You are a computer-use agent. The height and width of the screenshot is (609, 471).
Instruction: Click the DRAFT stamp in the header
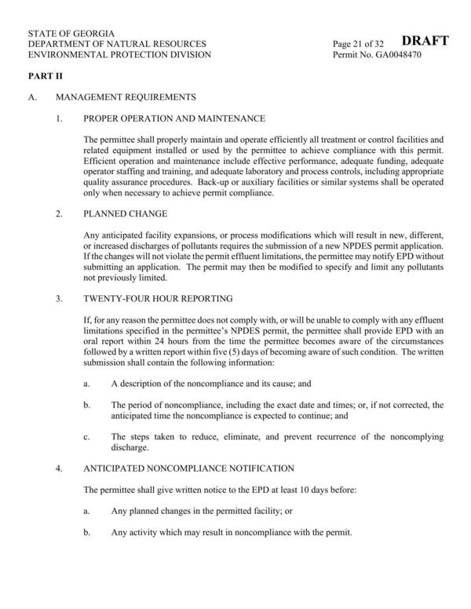coord(425,41)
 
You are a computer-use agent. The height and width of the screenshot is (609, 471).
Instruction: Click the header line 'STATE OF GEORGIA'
coord(71,35)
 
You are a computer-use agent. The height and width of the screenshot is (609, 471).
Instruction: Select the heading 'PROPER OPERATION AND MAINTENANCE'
coord(173,119)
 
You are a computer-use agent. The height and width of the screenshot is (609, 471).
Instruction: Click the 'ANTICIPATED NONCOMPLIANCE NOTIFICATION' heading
coord(188,469)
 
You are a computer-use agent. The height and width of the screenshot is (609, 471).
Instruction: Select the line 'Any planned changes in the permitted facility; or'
coord(202,511)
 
